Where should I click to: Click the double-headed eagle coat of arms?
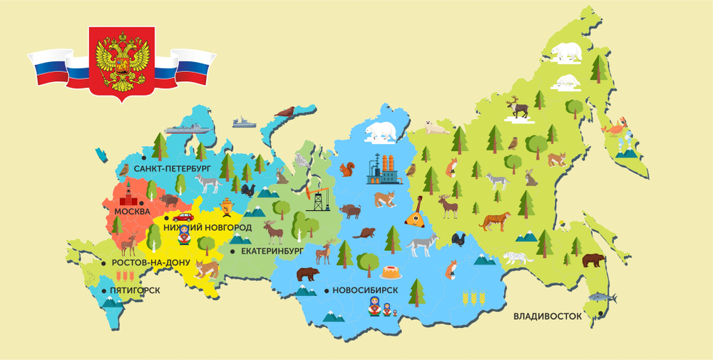120,62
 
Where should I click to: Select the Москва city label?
127,212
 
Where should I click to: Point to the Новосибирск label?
365,290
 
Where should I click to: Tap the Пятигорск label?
135,290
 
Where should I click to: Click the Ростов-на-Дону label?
150,262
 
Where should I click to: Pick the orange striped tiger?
493,222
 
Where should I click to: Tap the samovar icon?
227,206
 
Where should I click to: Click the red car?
183,217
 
